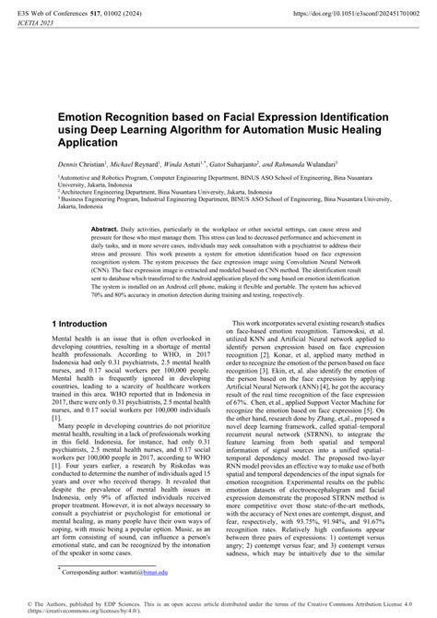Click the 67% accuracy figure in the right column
coord(266,403)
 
